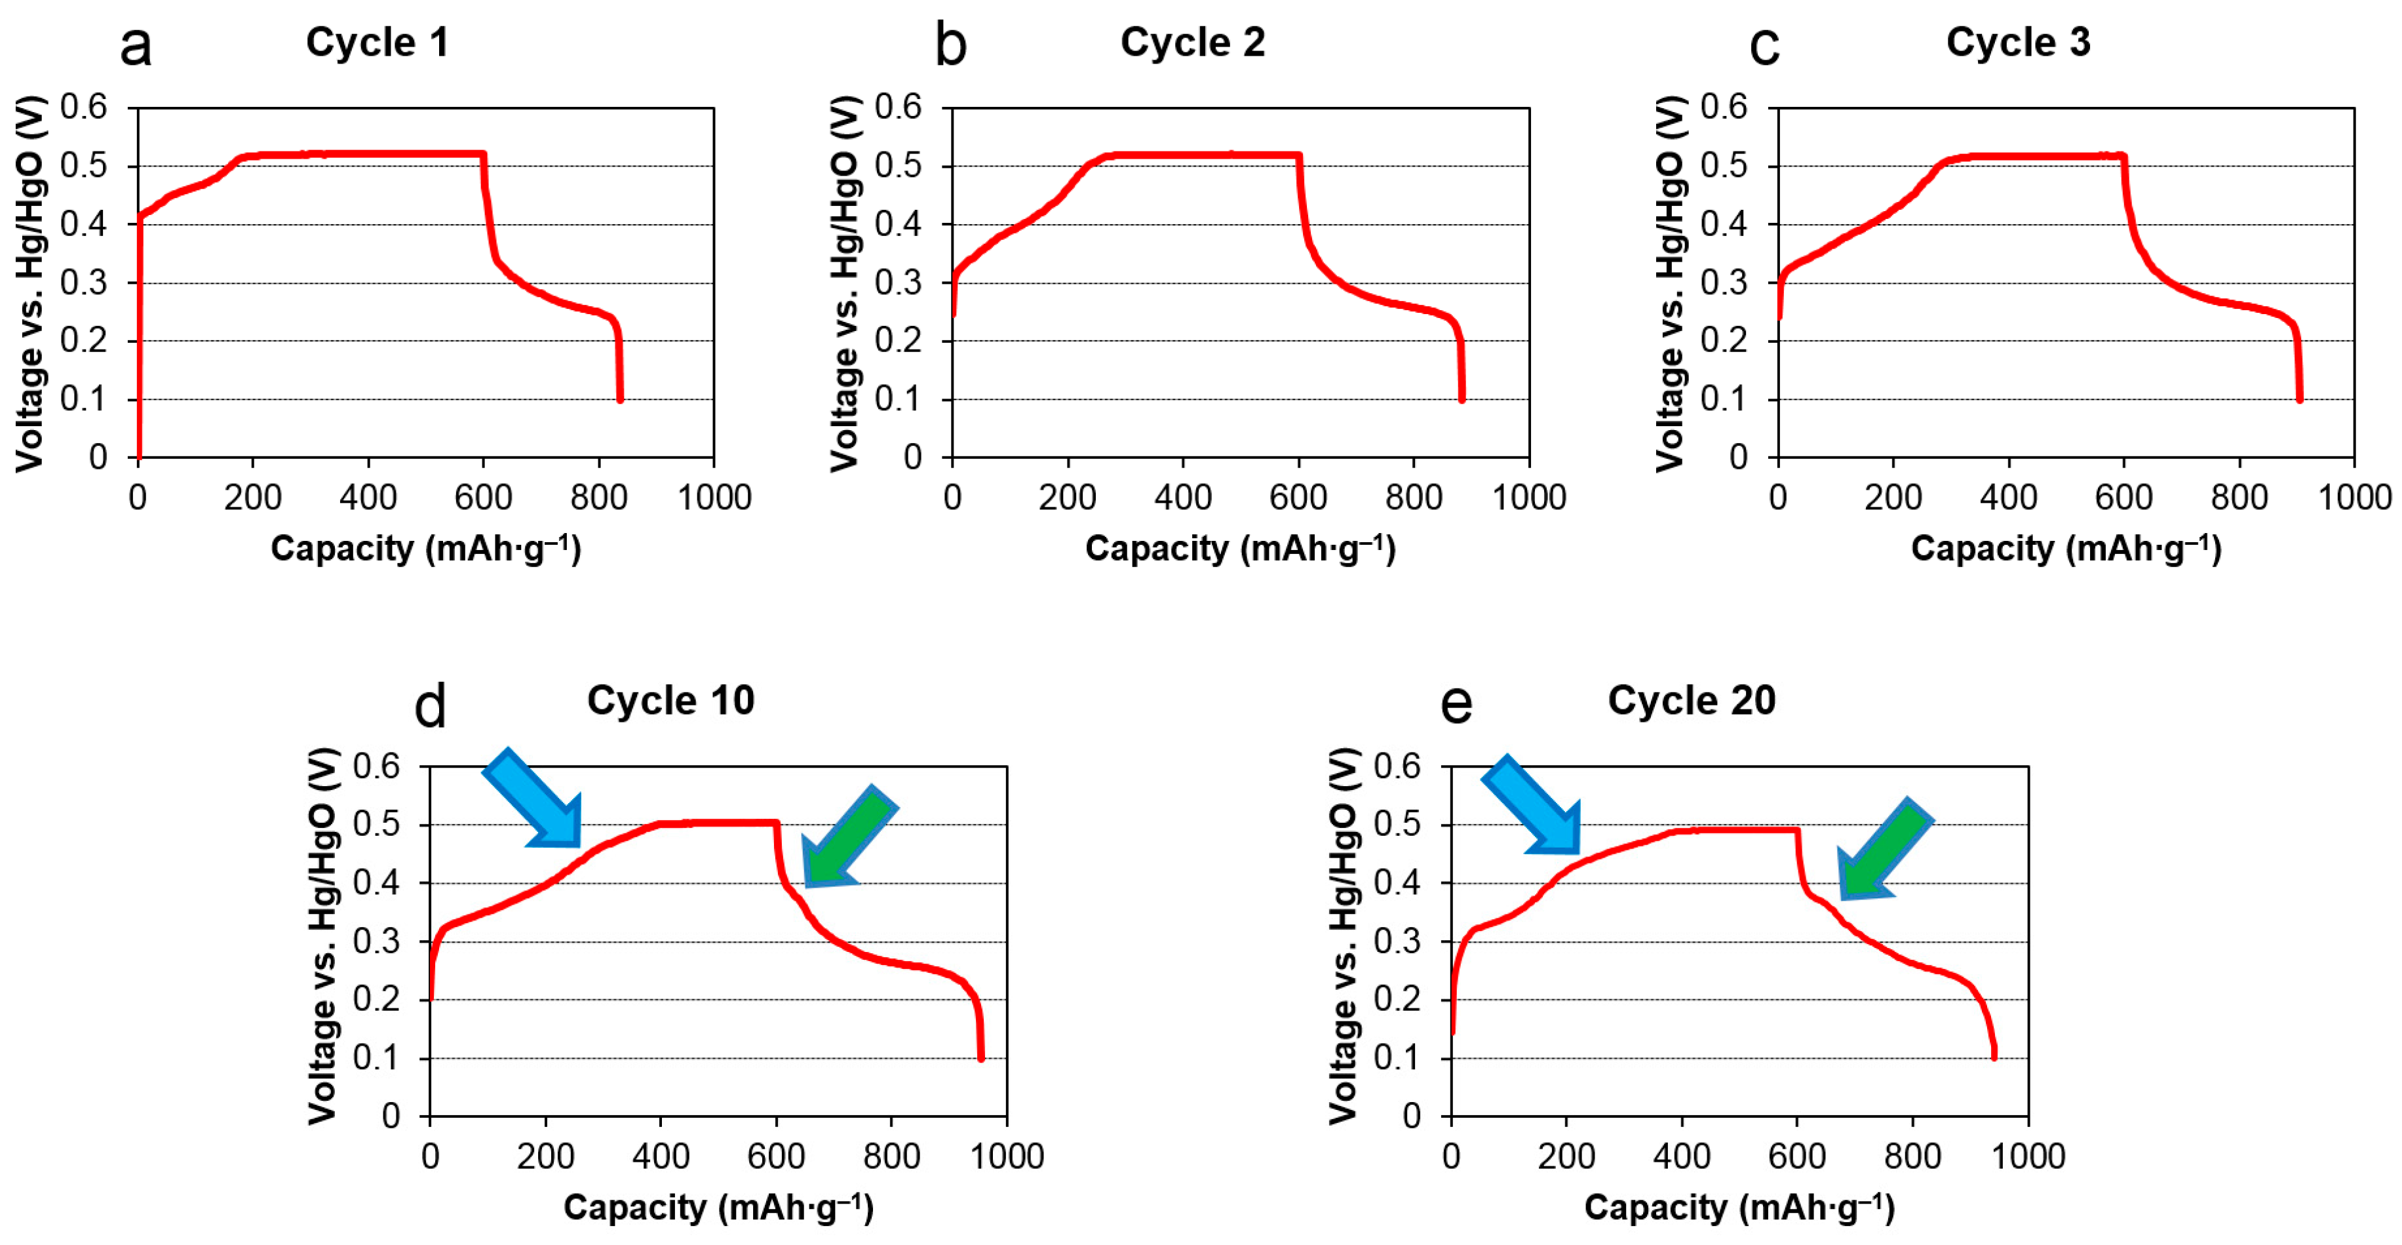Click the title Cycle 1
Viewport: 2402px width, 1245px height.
(x=377, y=42)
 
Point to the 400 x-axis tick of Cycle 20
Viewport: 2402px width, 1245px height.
(x=1681, y=1156)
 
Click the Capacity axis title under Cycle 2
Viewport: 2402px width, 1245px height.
(x=1240, y=548)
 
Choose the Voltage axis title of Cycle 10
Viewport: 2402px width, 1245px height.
(x=322, y=936)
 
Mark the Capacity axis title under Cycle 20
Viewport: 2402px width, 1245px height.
(x=1739, y=1207)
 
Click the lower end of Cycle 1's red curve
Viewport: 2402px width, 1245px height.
(x=619, y=399)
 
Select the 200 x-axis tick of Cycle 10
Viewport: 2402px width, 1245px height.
(x=545, y=1156)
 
